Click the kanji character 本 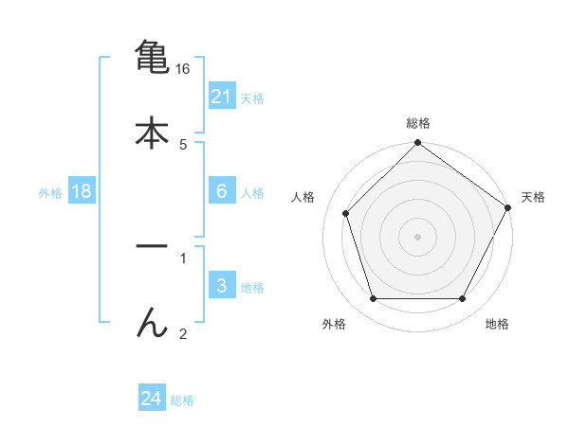click(x=152, y=133)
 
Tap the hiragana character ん click(x=152, y=323)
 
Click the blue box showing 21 click(x=221, y=97)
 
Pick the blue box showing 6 click(x=221, y=191)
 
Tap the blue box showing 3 click(x=221, y=286)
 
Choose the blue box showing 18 click(x=82, y=191)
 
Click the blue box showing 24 click(x=151, y=399)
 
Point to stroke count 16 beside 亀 click(x=182, y=69)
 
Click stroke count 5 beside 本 click(x=182, y=145)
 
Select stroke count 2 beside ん click(x=182, y=333)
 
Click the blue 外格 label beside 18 click(x=50, y=192)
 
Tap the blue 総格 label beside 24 click(x=182, y=400)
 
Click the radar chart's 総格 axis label click(x=417, y=123)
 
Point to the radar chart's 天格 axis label click(x=533, y=197)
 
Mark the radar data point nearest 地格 click(x=463, y=299)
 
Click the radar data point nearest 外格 click(x=373, y=299)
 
